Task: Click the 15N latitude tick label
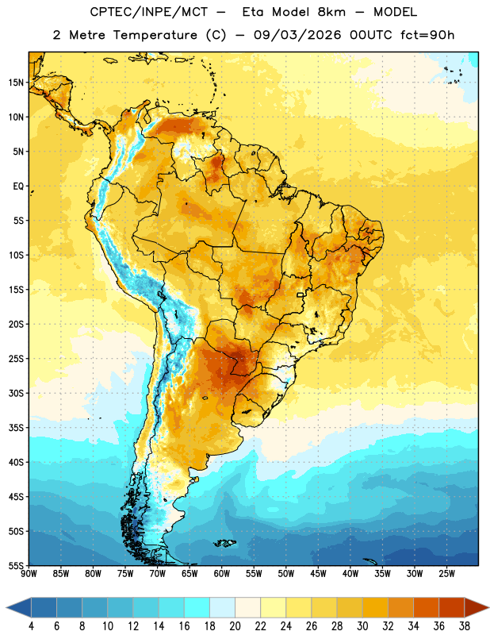pyautogui.click(x=16, y=83)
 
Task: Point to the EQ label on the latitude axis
pyautogui.click(x=18, y=187)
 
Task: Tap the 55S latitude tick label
pyautogui.click(x=16, y=565)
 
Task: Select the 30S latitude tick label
pyautogui.click(x=16, y=393)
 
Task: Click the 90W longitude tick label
pyautogui.click(x=29, y=574)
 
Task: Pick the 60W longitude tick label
pyautogui.click(x=222, y=574)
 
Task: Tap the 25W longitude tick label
pyautogui.click(x=446, y=574)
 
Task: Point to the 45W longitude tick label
pyautogui.click(x=318, y=574)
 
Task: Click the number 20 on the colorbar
pyautogui.click(x=235, y=626)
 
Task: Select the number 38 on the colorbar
pyautogui.click(x=464, y=626)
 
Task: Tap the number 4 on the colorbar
pyautogui.click(x=31, y=626)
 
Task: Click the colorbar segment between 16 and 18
pyautogui.click(x=197, y=607)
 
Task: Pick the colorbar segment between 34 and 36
pyautogui.click(x=426, y=607)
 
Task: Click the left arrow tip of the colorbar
pyautogui.click(x=6, y=607)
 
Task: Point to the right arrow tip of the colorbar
pyautogui.click(x=488, y=607)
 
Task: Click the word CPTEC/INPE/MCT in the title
pyautogui.click(x=149, y=12)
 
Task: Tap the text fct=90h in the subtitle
pyautogui.click(x=427, y=35)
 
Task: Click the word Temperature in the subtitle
pyautogui.click(x=155, y=36)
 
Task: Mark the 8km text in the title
pyautogui.click(x=331, y=12)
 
